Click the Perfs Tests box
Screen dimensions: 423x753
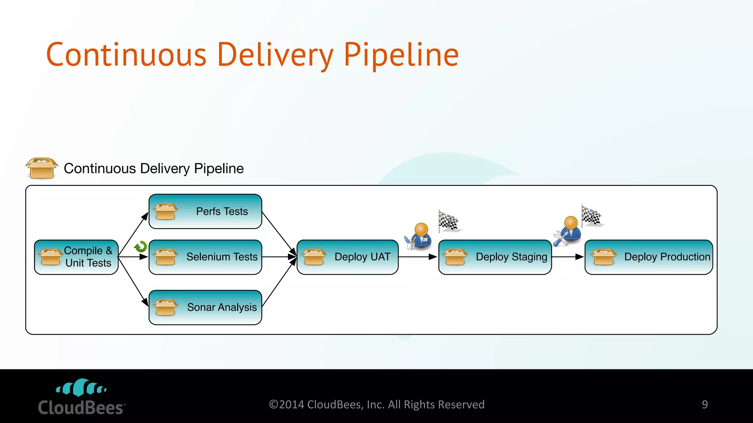[x=205, y=211]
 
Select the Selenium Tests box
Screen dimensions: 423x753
[x=205, y=257]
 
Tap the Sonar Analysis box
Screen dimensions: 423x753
[x=205, y=307]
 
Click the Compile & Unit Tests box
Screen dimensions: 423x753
[x=76, y=257]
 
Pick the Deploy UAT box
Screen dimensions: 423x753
[x=347, y=257]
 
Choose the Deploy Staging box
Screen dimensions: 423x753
[x=495, y=257]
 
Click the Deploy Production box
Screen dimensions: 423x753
[x=649, y=257]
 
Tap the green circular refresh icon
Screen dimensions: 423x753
[x=141, y=247]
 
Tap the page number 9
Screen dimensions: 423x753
[x=704, y=405]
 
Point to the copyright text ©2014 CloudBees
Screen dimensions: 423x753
[x=376, y=405]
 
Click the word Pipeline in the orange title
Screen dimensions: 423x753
[x=401, y=55]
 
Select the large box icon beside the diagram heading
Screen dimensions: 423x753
[x=42, y=168]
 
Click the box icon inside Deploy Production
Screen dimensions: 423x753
[x=603, y=257]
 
